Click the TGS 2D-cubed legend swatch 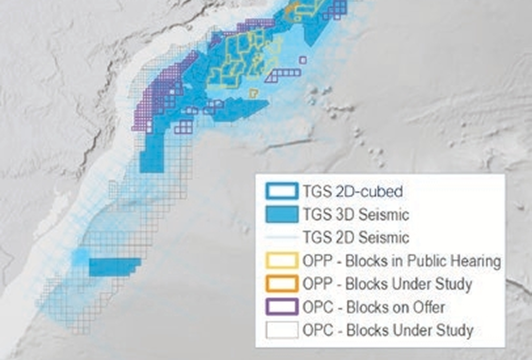[x=282, y=191]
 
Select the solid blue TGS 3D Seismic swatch [x=282, y=214]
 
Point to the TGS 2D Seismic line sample [x=282, y=238]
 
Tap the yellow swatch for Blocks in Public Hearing [x=282, y=261]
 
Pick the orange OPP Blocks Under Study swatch [x=282, y=284]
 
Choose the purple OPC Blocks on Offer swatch [x=282, y=307]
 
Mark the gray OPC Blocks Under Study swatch [x=282, y=330]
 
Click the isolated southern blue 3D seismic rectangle [x=114, y=266]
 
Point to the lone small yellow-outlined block [x=253, y=93]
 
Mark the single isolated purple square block [x=303, y=60]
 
